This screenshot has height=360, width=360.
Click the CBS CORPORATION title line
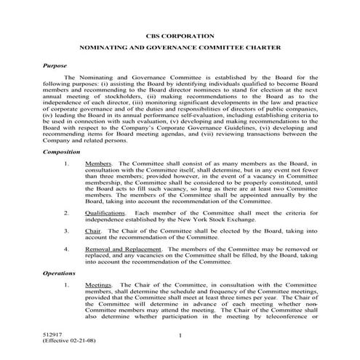click(x=180, y=35)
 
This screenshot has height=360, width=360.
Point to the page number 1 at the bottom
click(x=180, y=334)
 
